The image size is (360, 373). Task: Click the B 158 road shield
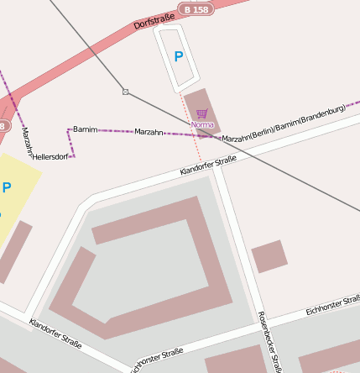tap(195, 9)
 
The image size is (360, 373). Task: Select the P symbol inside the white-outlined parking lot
tap(178, 56)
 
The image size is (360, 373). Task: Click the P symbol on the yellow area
tap(7, 187)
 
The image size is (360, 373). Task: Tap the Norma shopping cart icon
tap(201, 113)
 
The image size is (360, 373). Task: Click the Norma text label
tap(202, 124)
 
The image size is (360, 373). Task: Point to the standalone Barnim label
tap(86, 129)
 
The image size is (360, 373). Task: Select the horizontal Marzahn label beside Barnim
tap(149, 133)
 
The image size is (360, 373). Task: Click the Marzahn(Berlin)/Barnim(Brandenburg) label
tap(284, 123)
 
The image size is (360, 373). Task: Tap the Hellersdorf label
tap(54, 156)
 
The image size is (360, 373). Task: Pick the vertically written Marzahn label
tap(25, 142)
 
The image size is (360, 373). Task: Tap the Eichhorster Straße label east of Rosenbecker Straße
tap(333, 306)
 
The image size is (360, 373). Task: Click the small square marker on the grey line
tap(125, 91)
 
